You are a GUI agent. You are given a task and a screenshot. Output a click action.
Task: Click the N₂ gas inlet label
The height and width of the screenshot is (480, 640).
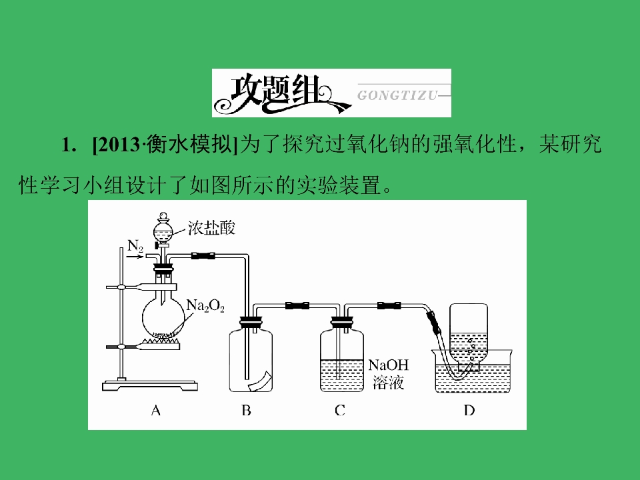[x=135, y=246]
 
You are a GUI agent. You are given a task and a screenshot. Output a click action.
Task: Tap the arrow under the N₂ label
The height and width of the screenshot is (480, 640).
[x=135, y=256]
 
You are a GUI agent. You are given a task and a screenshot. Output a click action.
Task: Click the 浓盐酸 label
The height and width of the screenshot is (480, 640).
[x=211, y=228]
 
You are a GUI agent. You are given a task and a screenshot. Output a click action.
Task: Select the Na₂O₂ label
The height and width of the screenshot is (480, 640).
[x=205, y=305]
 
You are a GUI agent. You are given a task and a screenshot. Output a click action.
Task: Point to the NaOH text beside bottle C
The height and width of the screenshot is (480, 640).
[x=388, y=365]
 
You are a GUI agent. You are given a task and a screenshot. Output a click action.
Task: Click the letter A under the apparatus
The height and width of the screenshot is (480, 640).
[x=155, y=410]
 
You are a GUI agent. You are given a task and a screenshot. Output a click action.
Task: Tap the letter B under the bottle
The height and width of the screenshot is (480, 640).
[x=246, y=410]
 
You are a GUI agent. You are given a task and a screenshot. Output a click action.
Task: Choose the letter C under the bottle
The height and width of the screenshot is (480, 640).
[x=339, y=410]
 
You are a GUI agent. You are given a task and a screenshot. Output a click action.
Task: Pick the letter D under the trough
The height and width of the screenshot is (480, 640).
[x=469, y=410]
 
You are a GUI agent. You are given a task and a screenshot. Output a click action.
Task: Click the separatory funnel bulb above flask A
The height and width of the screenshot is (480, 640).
[x=163, y=231]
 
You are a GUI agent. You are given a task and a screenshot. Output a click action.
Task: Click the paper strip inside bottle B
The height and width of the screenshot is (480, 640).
[x=260, y=381]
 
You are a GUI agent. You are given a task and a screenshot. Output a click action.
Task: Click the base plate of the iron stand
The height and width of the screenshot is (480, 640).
[x=150, y=385]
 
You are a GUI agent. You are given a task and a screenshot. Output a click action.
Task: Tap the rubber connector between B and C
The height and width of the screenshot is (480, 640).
[x=297, y=305]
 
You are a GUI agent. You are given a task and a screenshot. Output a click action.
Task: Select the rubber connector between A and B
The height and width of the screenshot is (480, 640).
[x=203, y=256]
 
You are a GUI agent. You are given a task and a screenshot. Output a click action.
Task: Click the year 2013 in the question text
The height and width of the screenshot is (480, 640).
[x=118, y=145]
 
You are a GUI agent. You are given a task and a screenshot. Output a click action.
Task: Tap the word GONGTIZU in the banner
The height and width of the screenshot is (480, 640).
[x=397, y=95]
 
